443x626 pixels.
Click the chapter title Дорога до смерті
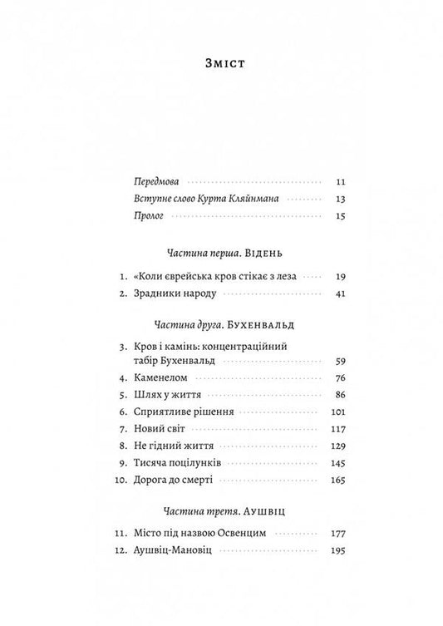coord(176,481)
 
